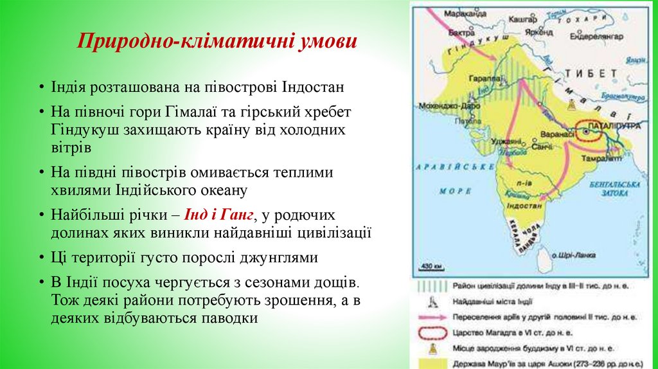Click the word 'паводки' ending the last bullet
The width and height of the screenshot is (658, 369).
227,318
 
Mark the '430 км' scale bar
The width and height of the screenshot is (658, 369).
429,265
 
